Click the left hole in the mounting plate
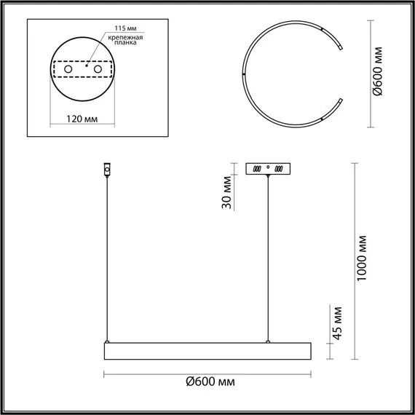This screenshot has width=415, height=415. pos(69,68)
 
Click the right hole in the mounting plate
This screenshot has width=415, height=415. pos(95,68)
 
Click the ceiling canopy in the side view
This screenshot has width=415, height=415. pos(269,168)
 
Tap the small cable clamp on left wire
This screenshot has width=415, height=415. pos(107,170)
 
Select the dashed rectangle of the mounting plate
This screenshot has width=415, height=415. pos(82,60)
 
